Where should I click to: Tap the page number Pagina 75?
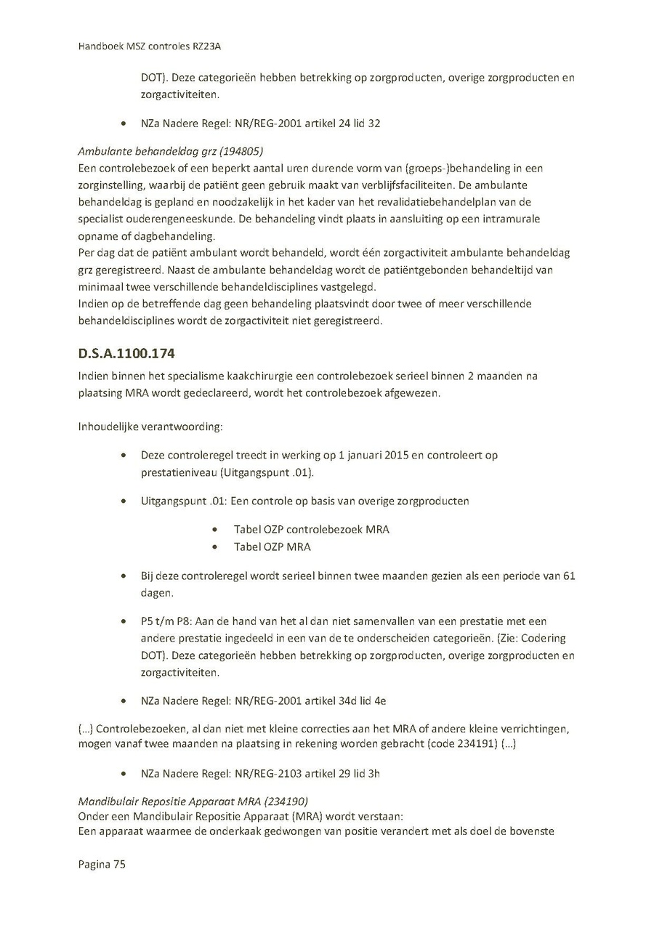tap(102, 864)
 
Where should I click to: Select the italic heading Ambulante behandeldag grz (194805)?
tap(170, 151)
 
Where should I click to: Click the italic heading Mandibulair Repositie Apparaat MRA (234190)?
tap(193, 801)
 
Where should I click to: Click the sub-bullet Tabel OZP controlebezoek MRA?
tap(311, 529)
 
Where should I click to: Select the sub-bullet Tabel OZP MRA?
tap(272, 546)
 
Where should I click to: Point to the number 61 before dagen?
tap(569, 575)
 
